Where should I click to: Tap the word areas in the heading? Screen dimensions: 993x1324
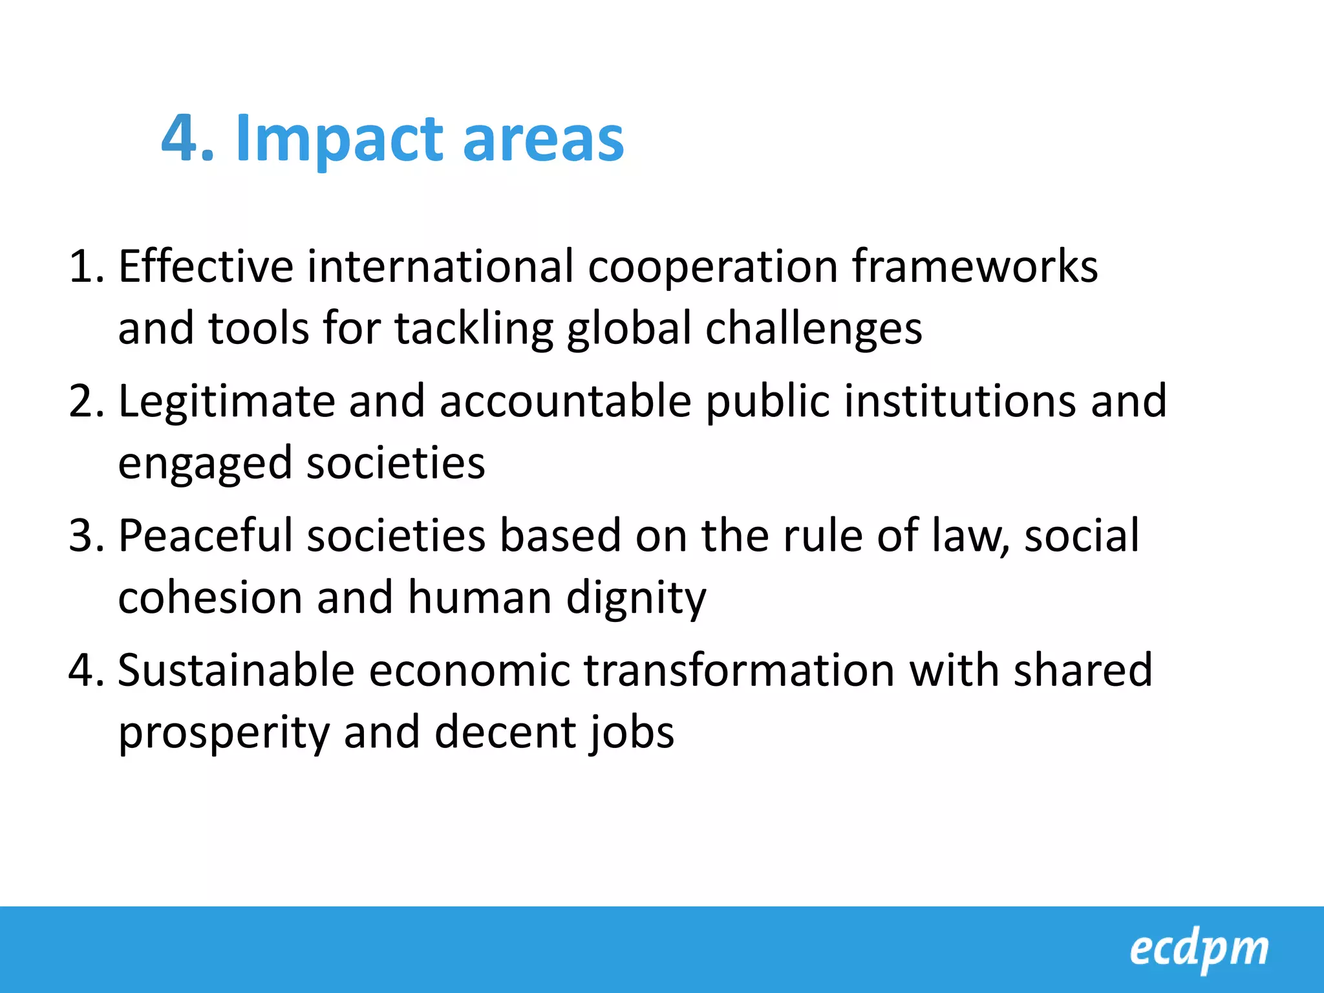[x=543, y=139]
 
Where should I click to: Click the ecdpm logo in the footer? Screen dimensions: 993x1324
[x=1199, y=949]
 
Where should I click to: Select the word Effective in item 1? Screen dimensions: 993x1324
[x=206, y=266]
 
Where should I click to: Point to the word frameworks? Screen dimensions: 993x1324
[x=974, y=266]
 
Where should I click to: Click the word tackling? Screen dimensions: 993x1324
[x=474, y=328]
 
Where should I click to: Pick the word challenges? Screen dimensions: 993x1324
[x=813, y=328]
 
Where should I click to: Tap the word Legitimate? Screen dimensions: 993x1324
[x=226, y=401]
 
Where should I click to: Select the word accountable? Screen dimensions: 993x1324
[x=565, y=401]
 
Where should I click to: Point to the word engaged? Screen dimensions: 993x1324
[x=205, y=464]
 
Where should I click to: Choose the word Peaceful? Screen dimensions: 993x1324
[x=205, y=536]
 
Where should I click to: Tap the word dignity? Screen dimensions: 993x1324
[x=636, y=598]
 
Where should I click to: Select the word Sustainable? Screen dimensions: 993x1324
[x=236, y=670]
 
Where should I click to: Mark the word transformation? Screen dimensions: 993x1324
[x=740, y=670]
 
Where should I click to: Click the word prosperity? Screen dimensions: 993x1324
[x=224, y=732]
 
